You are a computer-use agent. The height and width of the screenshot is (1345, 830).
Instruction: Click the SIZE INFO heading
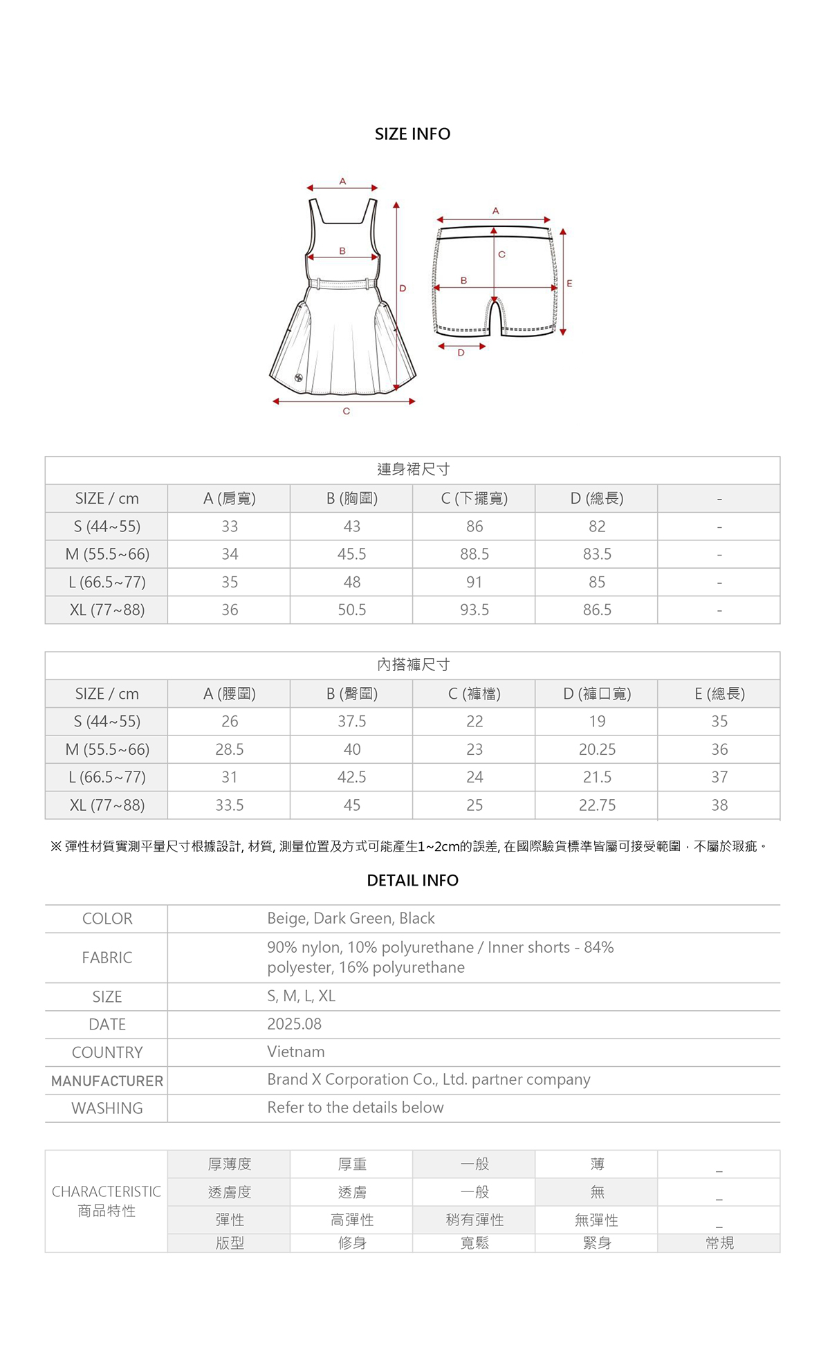(x=412, y=134)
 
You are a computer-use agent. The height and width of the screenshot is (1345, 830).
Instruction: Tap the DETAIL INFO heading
(x=412, y=880)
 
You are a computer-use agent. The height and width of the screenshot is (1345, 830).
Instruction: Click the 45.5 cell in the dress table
(x=351, y=554)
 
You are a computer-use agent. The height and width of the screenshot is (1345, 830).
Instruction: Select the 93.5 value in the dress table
(x=474, y=610)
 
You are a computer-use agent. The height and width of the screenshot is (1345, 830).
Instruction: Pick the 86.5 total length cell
(x=597, y=610)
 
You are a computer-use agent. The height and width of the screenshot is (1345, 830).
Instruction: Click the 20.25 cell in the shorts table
(x=597, y=749)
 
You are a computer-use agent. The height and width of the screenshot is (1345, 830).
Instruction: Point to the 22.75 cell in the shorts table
(x=597, y=805)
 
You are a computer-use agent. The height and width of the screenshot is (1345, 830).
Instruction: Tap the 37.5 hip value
(x=351, y=722)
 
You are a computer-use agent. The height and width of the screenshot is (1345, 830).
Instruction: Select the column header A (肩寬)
(x=229, y=498)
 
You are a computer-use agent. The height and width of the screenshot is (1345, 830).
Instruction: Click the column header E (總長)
(x=719, y=694)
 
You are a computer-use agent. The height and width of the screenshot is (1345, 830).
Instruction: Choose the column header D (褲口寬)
(x=597, y=694)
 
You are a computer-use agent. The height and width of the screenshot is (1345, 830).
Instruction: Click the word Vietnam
(x=296, y=1052)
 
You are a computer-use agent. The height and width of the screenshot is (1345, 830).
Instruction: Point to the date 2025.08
(x=295, y=1024)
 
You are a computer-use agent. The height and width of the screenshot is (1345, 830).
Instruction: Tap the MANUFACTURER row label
(x=107, y=1081)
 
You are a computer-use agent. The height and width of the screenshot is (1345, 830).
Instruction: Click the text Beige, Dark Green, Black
(x=351, y=918)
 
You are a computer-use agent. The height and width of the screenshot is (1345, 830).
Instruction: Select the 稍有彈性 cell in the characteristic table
(x=474, y=1220)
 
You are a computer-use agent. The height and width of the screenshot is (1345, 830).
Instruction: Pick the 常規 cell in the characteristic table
(x=719, y=1243)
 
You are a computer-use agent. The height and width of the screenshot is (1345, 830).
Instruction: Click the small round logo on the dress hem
(x=299, y=377)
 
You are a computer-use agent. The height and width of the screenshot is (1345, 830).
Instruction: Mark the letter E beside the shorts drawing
(x=569, y=284)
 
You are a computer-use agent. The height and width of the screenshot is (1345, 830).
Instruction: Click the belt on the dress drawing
(x=342, y=283)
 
